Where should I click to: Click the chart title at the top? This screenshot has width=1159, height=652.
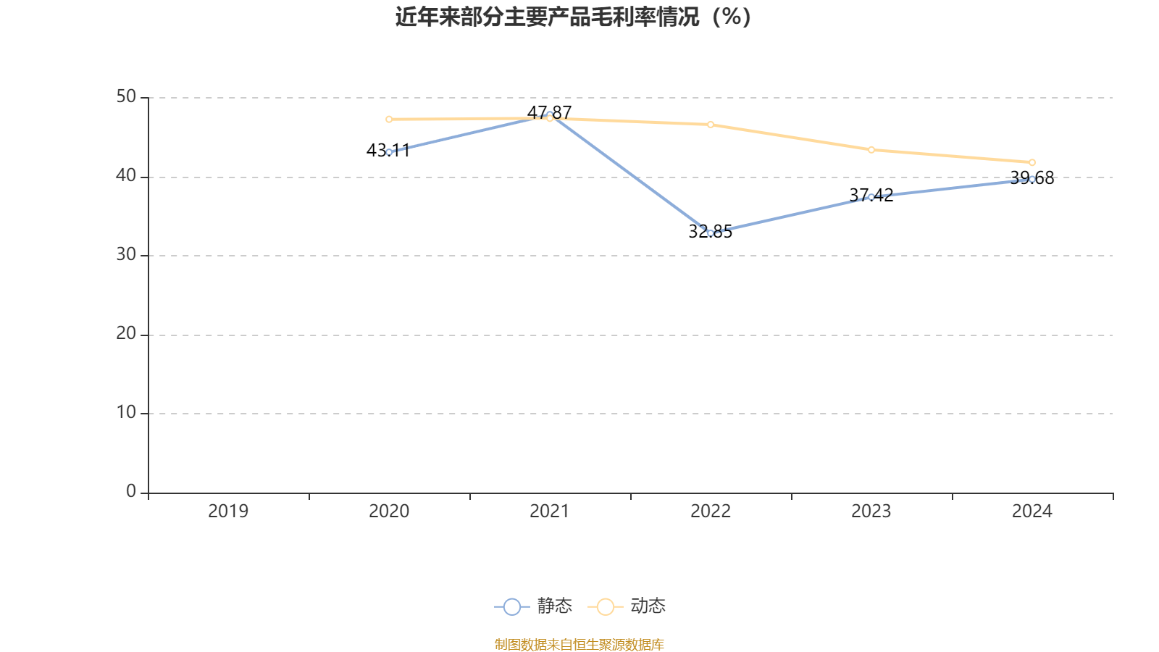[x=573, y=17]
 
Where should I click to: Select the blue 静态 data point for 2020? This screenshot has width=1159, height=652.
[x=389, y=152]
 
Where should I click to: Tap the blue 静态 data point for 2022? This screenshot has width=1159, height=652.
[x=711, y=233]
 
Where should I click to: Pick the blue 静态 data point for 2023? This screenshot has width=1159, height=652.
[x=871, y=197]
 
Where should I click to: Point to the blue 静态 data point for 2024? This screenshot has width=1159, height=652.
[x=1032, y=179]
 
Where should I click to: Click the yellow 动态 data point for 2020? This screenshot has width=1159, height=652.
[x=389, y=119]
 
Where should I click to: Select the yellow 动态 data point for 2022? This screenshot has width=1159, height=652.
[x=711, y=125]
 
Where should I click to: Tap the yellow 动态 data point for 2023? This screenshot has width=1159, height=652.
[x=871, y=150]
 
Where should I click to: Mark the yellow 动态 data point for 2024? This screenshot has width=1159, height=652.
[x=1032, y=162]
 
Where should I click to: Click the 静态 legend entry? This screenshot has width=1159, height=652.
[x=534, y=606]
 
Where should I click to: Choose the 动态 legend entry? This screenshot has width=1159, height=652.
[x=627, y=606]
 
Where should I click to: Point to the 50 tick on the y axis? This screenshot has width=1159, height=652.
[x=126, y=97]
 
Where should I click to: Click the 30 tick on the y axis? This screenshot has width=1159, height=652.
[x=126, y=255]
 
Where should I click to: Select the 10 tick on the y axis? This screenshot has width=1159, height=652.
[x=126, y=413]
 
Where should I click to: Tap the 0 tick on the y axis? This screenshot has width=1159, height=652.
[x=131, y=492]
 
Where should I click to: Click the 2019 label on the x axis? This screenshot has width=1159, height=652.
[x=228, y=511]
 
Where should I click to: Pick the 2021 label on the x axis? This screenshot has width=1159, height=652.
[x=550, y=511]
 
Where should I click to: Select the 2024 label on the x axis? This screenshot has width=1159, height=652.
[x=1032, y=511]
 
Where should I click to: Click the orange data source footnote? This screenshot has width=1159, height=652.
[x=579, y=644]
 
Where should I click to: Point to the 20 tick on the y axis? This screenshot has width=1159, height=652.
[x=126, y=334]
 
